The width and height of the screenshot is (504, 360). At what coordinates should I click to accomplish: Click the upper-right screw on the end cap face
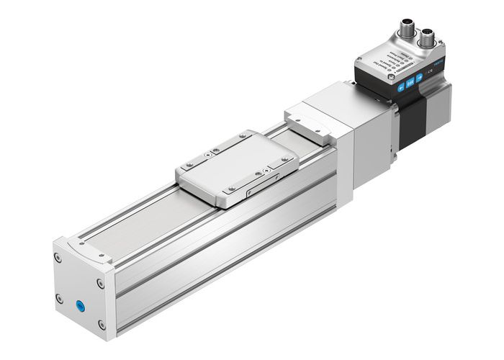(100, 284)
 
